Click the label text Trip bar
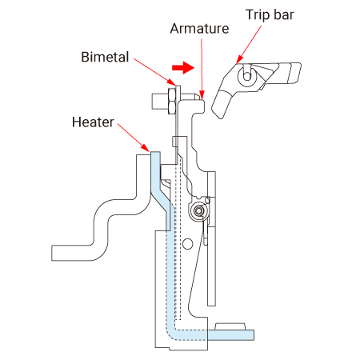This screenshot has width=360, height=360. coord(270,15)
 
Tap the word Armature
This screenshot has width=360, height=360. coord(199,29)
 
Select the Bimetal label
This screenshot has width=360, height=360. coord(105,57)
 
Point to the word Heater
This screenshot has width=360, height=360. coord(93,122)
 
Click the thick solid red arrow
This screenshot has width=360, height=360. coord(183,67)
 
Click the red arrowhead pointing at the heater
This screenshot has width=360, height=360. coord(146,147)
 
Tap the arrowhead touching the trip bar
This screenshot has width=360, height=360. coord(239,59)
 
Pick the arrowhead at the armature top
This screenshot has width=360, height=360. coord(202,94)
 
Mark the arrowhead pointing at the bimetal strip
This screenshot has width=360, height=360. coord(171,82)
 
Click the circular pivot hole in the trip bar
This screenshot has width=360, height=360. coord(247,76)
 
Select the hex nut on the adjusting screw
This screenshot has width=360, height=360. coord(171,102)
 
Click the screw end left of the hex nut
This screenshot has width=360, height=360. coord(160,102)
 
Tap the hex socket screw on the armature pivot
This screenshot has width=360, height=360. coord(198,211)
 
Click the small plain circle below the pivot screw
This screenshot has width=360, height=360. coord(188,244)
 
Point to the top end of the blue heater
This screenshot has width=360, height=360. coord(155,154)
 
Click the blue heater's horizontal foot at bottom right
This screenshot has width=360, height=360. coord(230,335)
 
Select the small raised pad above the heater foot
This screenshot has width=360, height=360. coord(230,326)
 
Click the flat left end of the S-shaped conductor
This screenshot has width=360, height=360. coord(54,253)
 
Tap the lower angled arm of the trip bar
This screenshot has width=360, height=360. coord(222,105)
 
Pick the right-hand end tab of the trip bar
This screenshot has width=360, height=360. coord(294,74)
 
